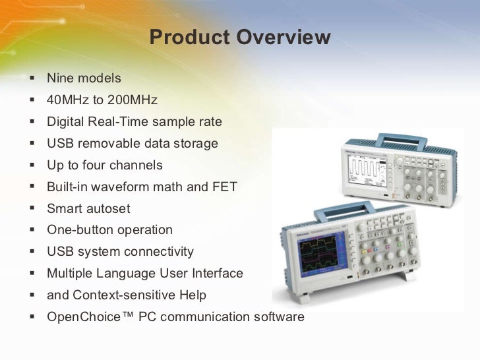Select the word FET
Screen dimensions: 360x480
(x=224, y=187)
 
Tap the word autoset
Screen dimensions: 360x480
(x=109, y=209)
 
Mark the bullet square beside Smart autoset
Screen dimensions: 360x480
(x=32, y=208)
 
